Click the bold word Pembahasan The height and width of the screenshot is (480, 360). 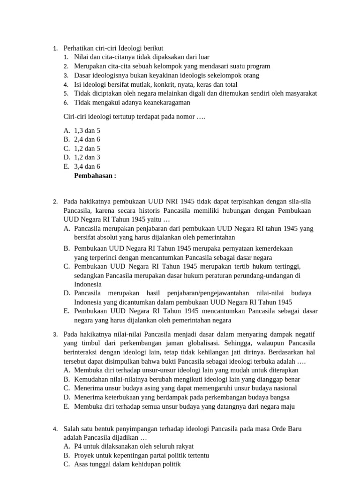coord(93,176)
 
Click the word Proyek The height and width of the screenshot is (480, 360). coord(84,456)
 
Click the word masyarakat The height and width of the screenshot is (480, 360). coord(299,93)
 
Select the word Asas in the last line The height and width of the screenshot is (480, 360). coord(82,465)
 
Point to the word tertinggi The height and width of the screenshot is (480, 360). coord(284,266)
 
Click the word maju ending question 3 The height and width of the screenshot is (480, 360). coord(288,406)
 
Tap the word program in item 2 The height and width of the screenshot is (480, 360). coord(258,66)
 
